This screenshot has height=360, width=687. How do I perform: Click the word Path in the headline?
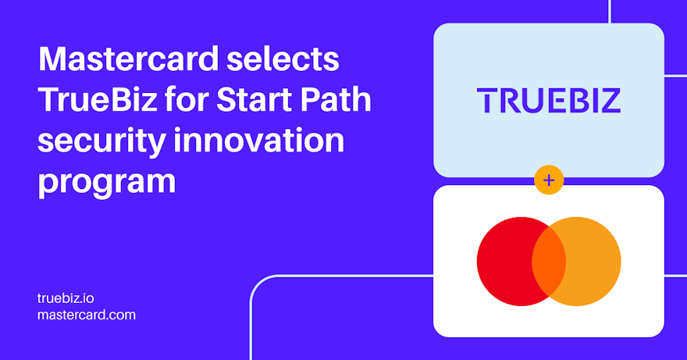click(x=337, y=101)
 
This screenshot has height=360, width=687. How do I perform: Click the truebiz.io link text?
click(x=66, y=298)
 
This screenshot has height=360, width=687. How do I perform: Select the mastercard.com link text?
click(x=87, y=315)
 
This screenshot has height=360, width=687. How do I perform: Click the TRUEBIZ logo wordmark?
click(x=549, y=101)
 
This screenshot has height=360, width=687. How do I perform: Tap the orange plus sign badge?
click(x=549, y=180)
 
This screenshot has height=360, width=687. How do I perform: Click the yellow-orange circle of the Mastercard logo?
click(x=593, y=262)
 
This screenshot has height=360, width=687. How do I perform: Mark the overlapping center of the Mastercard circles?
click(x=549, y=262)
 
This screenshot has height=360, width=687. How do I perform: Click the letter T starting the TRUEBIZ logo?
click(x=487, y=101)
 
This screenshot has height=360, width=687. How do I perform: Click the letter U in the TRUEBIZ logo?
click(x=528, y=101)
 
